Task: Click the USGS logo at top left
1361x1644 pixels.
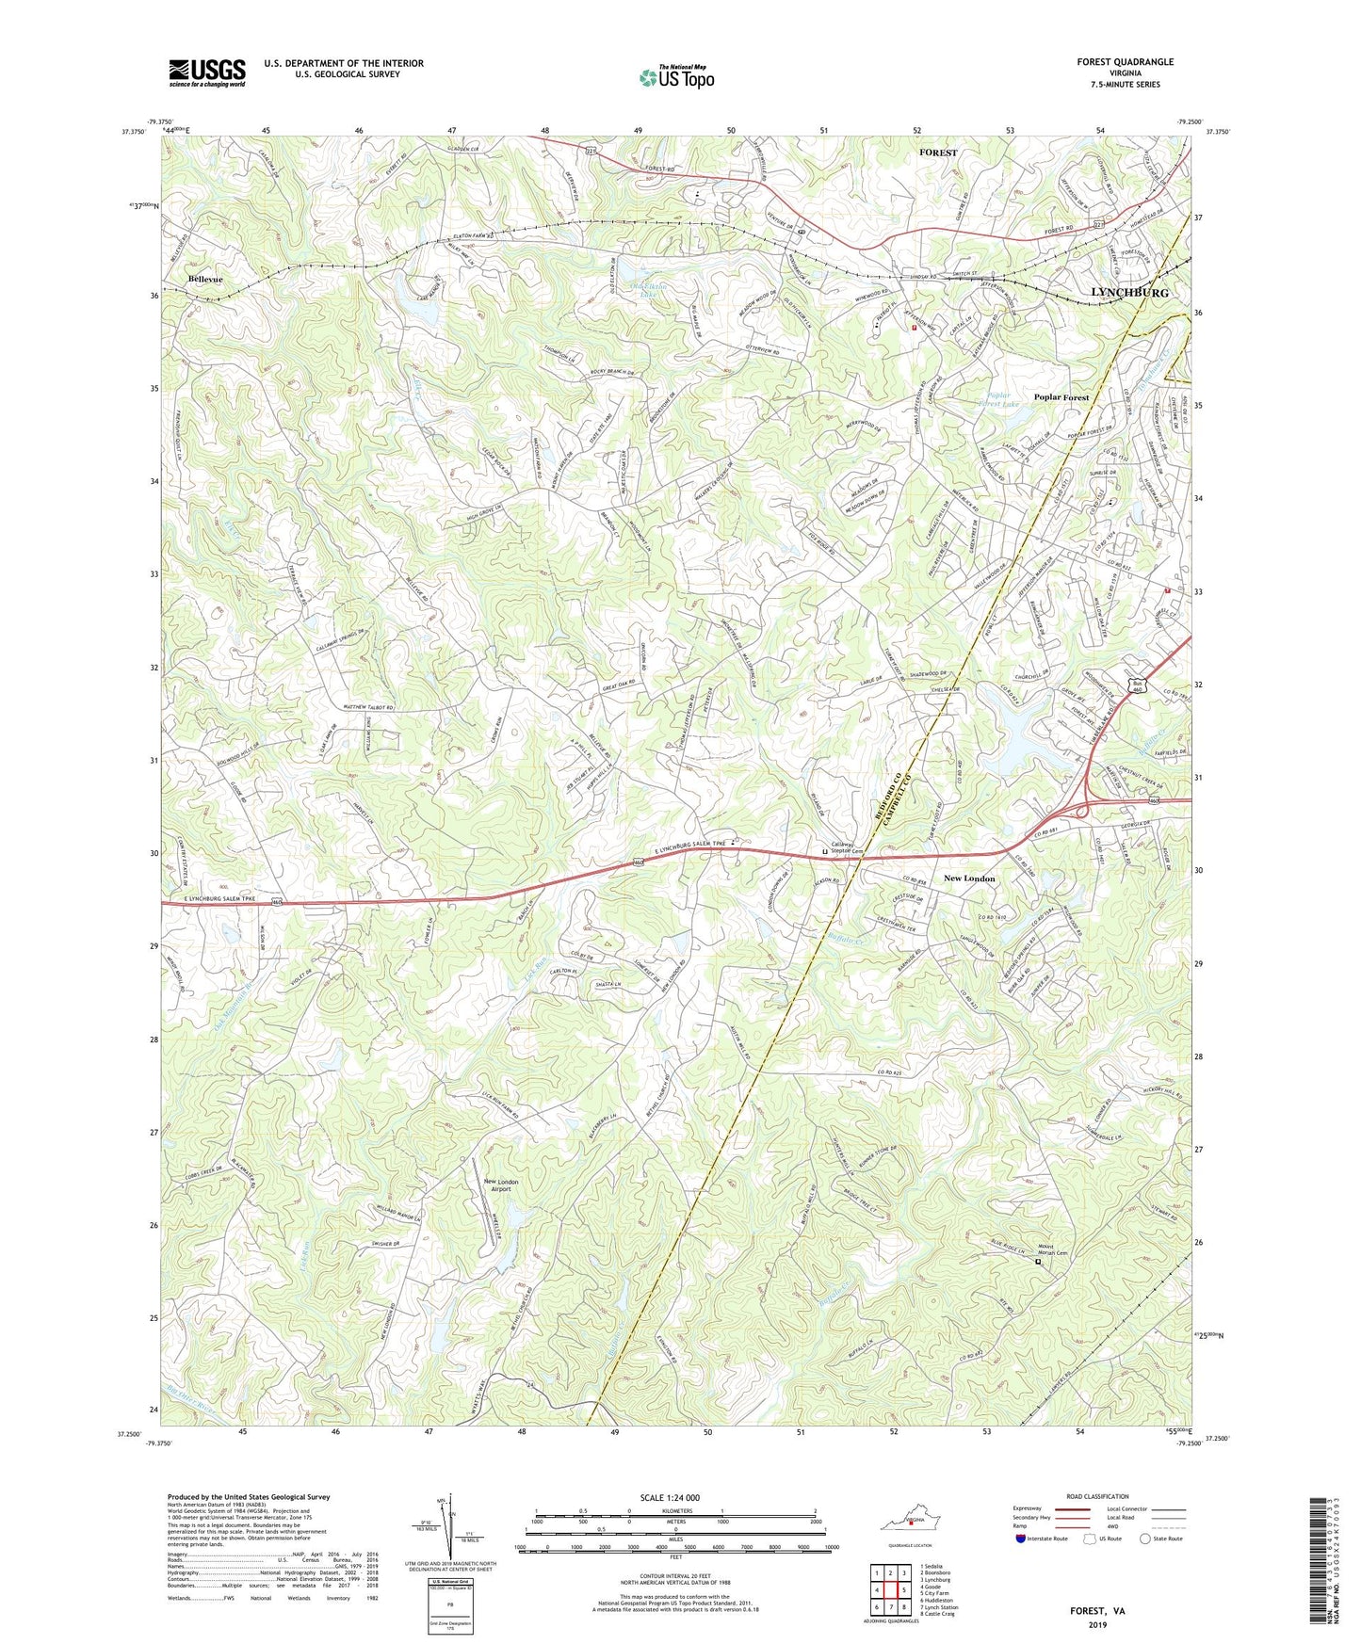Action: pyautogui.click(x=207, y=73)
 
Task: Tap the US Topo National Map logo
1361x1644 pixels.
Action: pyautogui.click(x=676, y=76)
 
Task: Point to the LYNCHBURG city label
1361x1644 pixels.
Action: pyautogui.click(x=1128, y=293)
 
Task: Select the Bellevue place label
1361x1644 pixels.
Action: pyautogui.click(x=205, y=280)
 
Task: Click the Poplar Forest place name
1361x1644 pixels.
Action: pyautogui.click(x=1061, y=397)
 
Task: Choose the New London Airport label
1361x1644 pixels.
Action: pyautogui.click(x=500, y=1185)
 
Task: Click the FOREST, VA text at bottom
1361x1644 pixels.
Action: pyautogui.click(x=1097, y=1611)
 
